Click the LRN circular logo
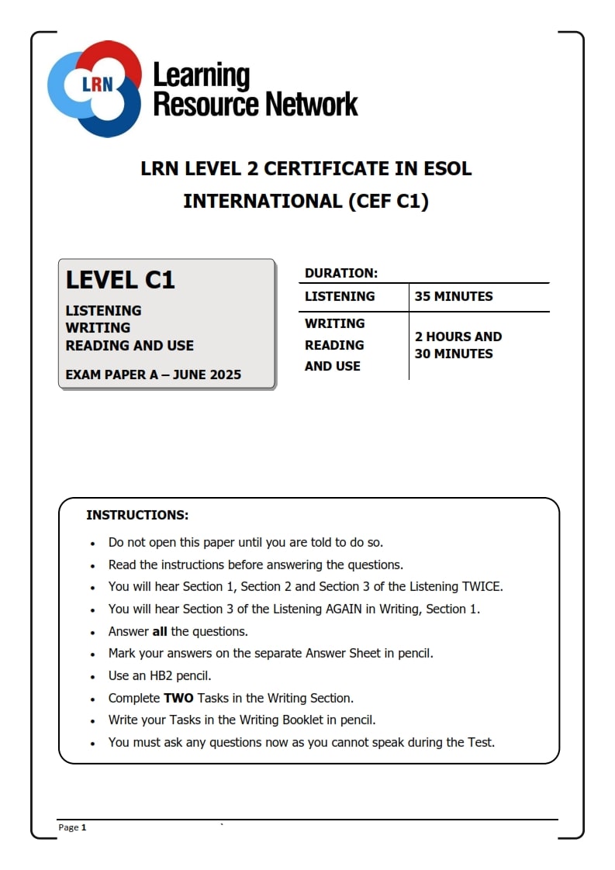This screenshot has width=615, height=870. click(x=95, y=87)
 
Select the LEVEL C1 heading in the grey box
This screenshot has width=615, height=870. click(x=120, y=280)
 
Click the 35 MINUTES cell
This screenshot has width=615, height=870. click(x=454, y=296)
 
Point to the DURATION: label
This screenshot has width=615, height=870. click(x=341, y=273)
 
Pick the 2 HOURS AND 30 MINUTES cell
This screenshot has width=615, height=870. click(x=458, y=345)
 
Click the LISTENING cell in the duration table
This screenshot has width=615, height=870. click(x=340, y=296)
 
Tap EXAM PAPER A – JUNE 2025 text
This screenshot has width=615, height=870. click(x=154, y=375)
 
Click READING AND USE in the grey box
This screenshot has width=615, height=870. click(x=130, y=346)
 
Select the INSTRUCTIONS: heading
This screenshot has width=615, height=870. click(x=137, y=515)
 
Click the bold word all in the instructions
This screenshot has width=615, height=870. click(x=160, y=632)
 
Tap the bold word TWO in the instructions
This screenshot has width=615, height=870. click(x=178, y=698)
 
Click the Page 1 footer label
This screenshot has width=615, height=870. click(x=72, y=827)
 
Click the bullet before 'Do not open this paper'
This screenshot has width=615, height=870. click(x=93, y=544)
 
